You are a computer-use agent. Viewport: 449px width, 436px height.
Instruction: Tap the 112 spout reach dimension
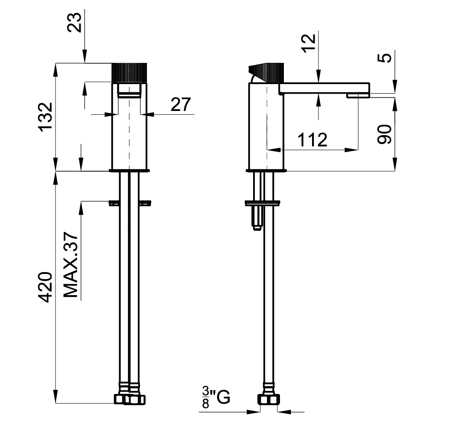[x=312, y=140]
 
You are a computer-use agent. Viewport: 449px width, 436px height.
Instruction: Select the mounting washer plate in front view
[x=130, y=202]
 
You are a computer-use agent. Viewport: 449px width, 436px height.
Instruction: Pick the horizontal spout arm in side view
[x=323, y=88]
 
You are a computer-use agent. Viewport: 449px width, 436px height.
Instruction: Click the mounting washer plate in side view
[x=263, y=202]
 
